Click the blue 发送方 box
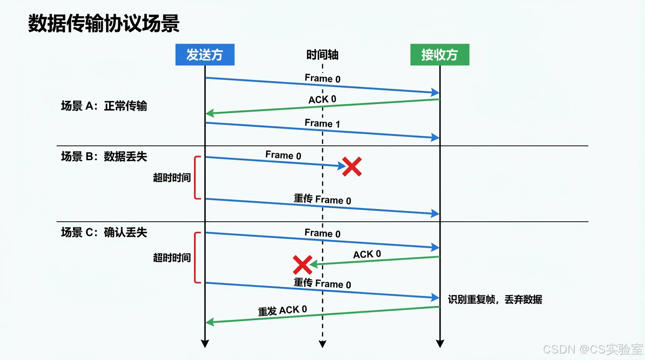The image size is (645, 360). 205,55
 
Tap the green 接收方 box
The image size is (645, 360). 439,55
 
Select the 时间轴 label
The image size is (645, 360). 322,55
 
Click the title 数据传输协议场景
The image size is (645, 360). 104,23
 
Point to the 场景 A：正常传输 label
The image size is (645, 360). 104,106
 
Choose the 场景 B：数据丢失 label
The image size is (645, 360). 104,157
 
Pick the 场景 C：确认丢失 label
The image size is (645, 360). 104,232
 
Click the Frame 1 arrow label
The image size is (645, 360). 322,123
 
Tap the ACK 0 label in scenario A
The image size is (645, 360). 322,99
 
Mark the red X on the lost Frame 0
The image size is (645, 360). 352,166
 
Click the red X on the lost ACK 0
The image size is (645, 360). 302,265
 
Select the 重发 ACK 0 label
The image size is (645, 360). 283,310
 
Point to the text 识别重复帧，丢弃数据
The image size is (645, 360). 495,300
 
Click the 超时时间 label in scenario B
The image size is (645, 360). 172,178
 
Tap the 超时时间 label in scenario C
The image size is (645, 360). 172,258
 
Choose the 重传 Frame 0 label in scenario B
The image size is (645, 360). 322,199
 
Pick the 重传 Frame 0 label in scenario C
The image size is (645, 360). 322,283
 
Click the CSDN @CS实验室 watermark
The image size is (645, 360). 592,349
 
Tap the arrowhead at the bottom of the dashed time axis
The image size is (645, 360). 322,344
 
